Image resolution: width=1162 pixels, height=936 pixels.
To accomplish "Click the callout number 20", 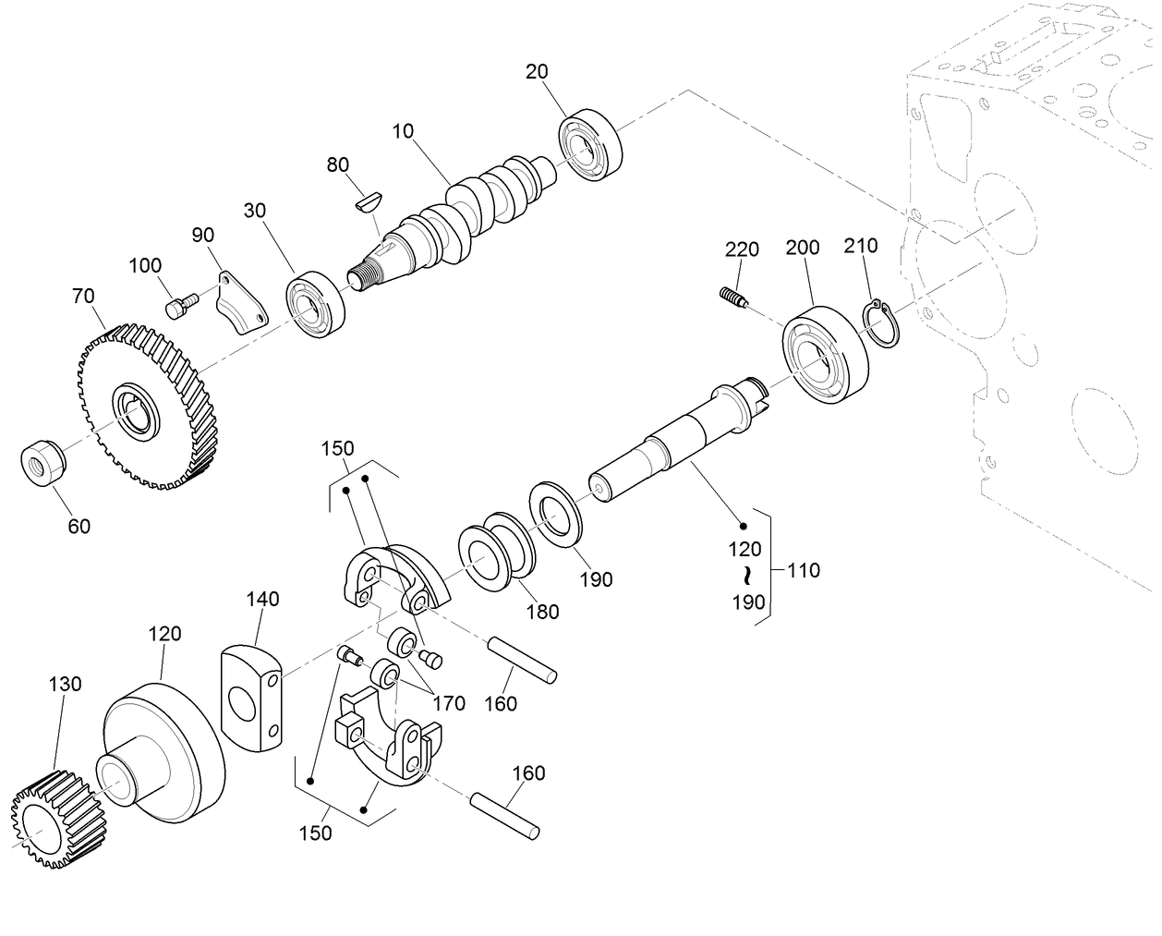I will click(537, 72).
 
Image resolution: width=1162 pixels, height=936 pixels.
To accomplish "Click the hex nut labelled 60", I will click(42, 459).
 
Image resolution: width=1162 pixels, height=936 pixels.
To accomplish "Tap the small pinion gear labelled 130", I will click(57, 819).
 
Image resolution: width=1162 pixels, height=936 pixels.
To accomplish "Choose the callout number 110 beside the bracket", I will click(803, 570).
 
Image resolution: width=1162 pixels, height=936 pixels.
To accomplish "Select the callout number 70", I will click(83, 297).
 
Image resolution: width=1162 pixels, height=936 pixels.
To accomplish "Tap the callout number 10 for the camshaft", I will click(403, 130).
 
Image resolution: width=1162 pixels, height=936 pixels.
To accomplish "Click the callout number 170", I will click(449, 703).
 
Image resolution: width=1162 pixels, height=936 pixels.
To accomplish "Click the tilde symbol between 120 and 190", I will click(744, 577).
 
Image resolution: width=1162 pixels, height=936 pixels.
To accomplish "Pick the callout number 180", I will click(542, 611).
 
